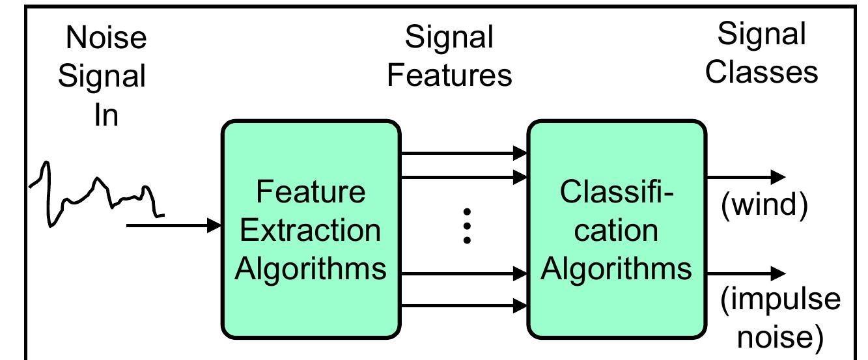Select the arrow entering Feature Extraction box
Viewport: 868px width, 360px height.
(x=173, y=226)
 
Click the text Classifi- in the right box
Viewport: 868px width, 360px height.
(x=616, y=193)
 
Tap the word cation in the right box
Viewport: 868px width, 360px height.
(x=616, y=230)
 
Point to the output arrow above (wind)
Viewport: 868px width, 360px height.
(x=746, y=176)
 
